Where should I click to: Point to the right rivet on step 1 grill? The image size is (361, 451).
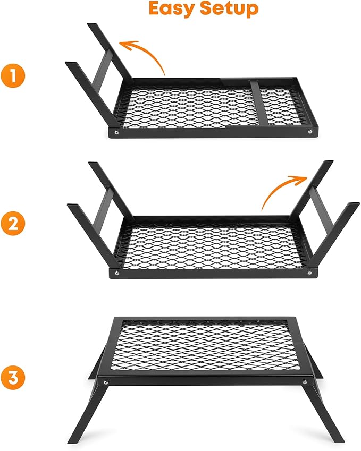pos(310,131)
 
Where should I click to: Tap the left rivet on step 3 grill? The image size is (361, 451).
pos(106,381)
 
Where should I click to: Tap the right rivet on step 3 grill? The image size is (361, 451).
pos(304,381)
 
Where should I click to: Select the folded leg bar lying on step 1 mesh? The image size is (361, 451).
pos(256,103)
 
